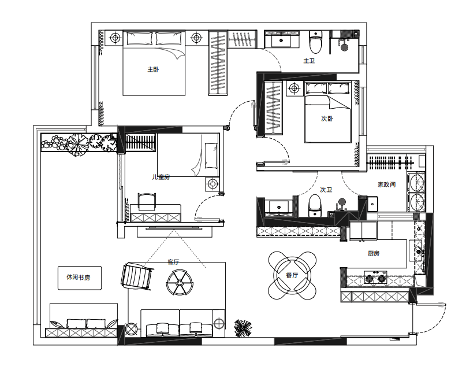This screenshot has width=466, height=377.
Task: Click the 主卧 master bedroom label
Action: (x=153, y=69)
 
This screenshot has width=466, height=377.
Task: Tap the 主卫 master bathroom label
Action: (x=309, y=61)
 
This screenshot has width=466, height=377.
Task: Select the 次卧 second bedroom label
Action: (x=327, y=119)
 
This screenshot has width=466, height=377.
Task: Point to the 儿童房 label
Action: (x=161, y=177)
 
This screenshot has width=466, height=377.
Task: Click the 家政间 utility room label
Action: (x=387, y=184)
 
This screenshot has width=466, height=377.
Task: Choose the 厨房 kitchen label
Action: (x=374, y=253)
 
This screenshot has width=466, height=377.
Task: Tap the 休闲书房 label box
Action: (x=79, y=278)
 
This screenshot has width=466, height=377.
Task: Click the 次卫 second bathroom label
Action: (x=326, y=190)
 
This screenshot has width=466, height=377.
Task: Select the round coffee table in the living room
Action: (x=180, y=283)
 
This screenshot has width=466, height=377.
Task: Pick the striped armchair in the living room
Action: (x=137, y=276)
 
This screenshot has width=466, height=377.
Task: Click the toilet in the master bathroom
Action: (x=316, y=43)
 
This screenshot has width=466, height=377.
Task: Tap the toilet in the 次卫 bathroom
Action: (x=315, y=206)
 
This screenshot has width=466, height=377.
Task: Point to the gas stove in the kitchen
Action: (x=376, y=278)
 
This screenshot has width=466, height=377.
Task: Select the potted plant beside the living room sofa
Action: (x=243, y=328)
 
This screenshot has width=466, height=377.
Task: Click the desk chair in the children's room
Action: (x=147, y=201)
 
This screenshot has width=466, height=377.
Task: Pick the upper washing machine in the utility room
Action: (x=416, y=183)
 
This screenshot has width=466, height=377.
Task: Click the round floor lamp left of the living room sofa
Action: (x=131, y=330)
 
